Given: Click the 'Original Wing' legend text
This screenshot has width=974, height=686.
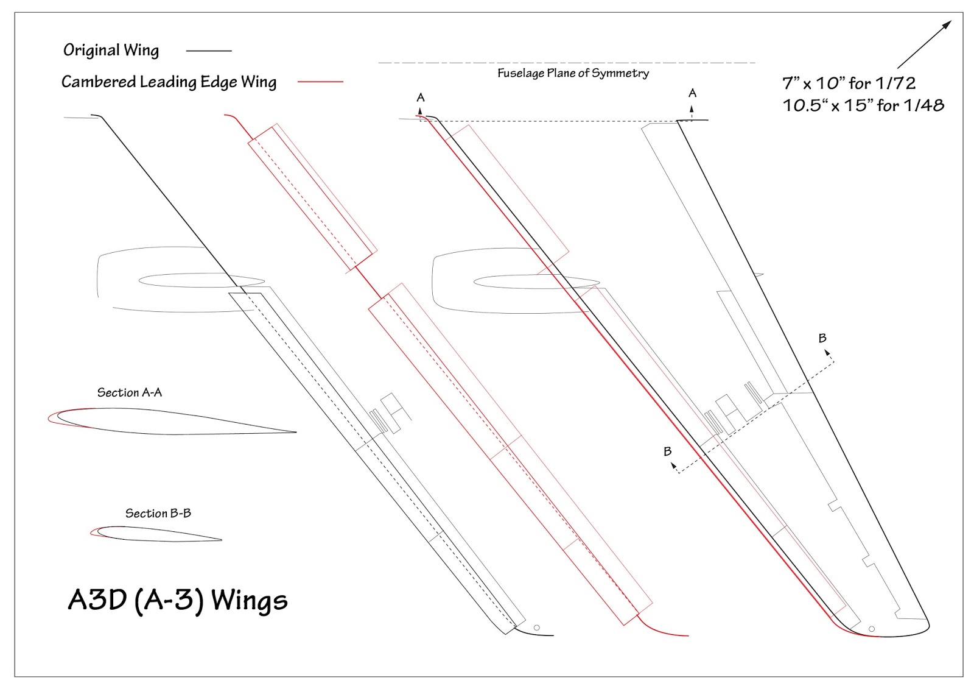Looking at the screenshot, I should pos(111,51).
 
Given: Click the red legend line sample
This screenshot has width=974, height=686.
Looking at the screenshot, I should pos(320,82).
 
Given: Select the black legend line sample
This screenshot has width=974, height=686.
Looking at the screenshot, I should pos(209,51).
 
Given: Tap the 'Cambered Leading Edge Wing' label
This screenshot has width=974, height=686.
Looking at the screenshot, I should pos(169,82).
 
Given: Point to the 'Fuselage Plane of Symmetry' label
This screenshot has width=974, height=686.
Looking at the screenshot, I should pos(573,74).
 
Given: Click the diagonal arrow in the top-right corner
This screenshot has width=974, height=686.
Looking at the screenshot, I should pos(924,44).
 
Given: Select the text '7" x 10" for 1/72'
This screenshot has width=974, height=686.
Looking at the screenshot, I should pos(849,83).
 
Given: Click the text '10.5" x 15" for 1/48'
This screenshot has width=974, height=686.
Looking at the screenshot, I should pos(863,105).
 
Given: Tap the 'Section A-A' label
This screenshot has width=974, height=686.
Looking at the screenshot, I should pos(130,393).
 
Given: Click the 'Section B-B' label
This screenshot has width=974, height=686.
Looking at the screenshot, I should pos(158,514).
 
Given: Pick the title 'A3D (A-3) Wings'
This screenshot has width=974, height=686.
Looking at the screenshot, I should pos(178,600).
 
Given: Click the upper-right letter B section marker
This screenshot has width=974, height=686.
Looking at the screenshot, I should pos(822,338).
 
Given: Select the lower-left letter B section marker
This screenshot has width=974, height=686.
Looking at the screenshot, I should pos(668,451).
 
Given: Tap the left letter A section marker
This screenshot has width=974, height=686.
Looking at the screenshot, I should pos(420,97).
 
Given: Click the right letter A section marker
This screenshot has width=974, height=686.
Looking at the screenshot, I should pos(692,93).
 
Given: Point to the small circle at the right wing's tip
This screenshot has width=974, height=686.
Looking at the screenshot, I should pos(872,629).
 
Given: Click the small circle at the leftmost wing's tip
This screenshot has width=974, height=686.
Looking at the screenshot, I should pos(536,628).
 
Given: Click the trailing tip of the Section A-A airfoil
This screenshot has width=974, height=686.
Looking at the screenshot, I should pos(295,433).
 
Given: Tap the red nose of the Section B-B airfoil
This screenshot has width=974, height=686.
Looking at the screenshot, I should pos(92,532).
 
